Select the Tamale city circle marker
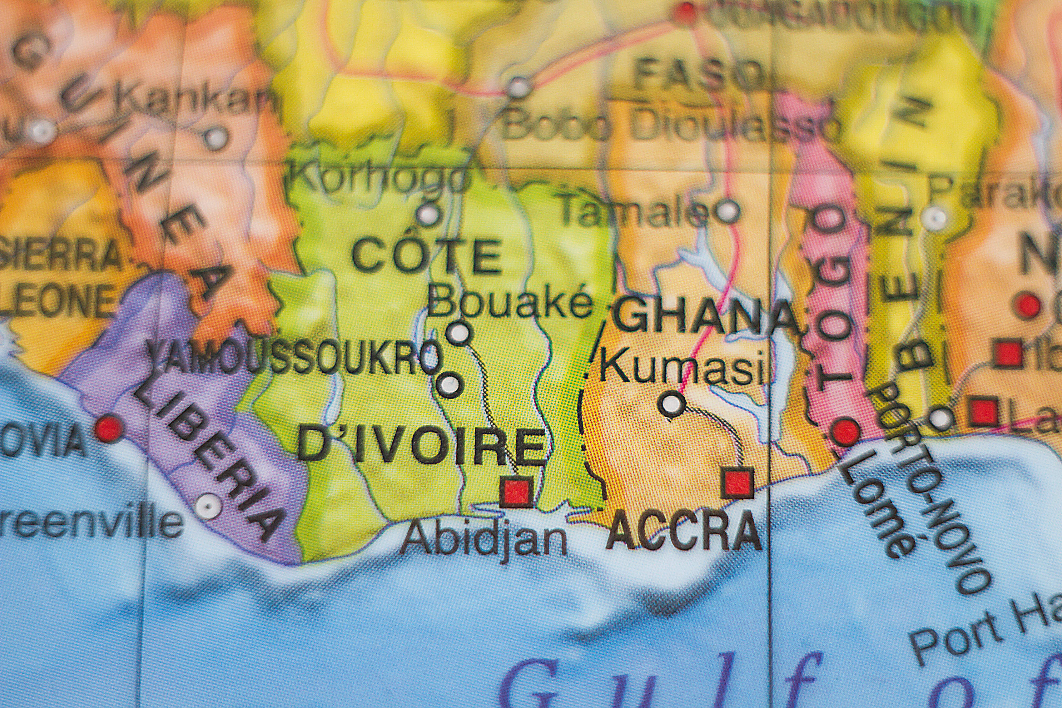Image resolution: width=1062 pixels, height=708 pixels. pyautogui.click(x=727, y=211)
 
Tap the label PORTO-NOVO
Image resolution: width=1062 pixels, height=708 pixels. pyautogui.click(x=930, y=488)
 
